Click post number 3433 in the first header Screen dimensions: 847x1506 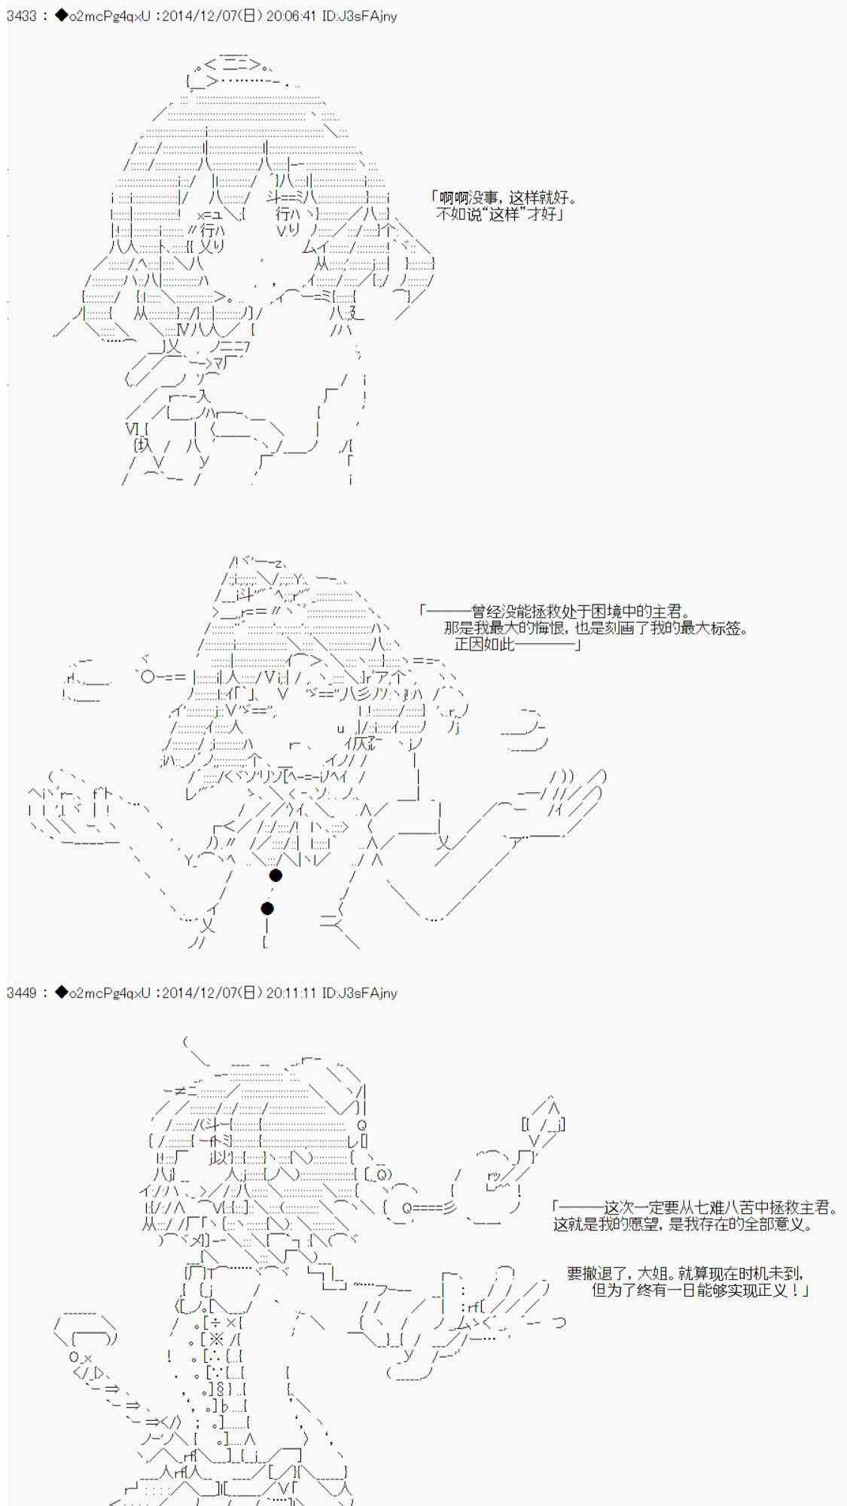tap(21, 16)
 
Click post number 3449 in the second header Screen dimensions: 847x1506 tap(21, 992)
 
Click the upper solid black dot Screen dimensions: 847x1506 tap(276, 875)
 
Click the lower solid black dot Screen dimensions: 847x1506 tap(267, 908)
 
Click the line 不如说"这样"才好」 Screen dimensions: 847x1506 tap(501, 215)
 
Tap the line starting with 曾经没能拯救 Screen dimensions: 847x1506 tap(555, 611)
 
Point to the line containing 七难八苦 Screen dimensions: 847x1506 tap(695, 1208)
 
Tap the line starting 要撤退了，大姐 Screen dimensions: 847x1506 tap(685, 1274)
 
